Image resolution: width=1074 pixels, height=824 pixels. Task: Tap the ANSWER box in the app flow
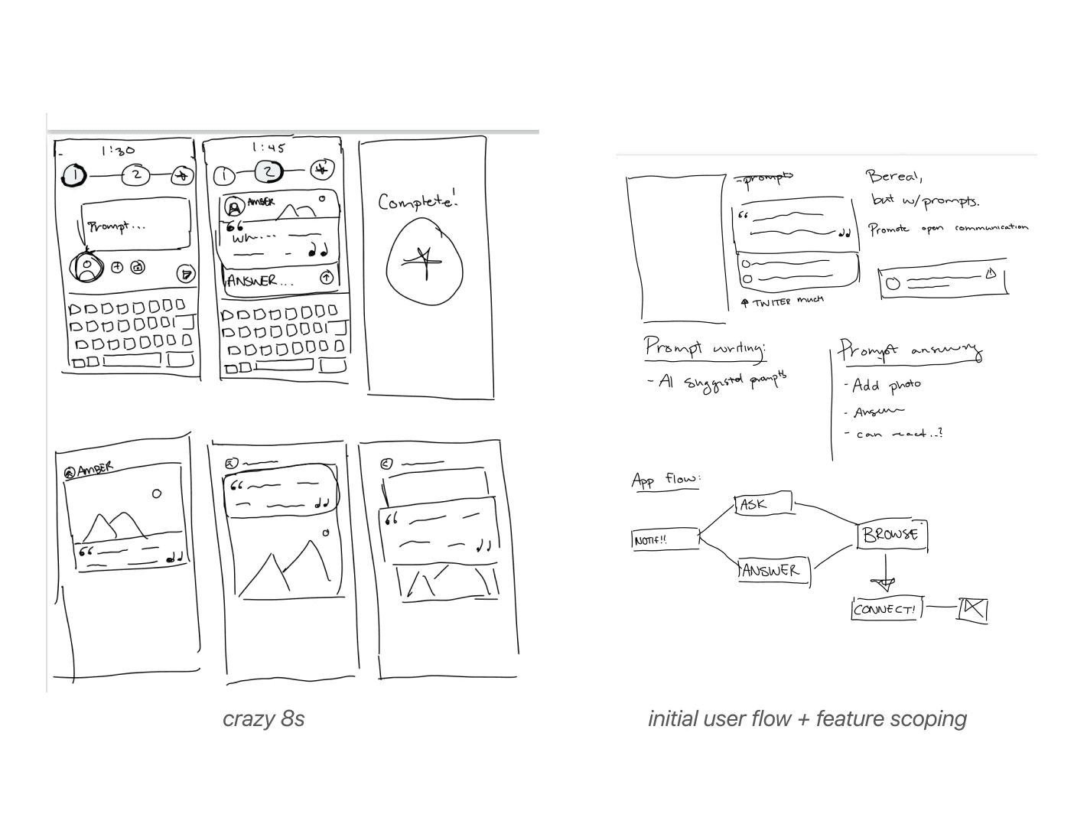773,570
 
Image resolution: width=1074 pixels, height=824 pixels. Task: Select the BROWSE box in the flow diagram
891,534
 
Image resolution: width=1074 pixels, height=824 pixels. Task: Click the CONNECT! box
886,609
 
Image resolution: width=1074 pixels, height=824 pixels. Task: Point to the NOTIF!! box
665,539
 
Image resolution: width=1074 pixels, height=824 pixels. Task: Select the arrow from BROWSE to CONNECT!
886,573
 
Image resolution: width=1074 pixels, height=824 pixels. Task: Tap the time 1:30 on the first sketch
118,151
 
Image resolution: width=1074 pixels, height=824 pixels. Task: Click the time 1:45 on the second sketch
268,148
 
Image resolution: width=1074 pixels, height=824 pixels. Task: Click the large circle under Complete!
425,259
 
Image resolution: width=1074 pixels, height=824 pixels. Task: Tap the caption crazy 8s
263,719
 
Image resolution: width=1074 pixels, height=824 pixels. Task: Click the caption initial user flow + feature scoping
807,719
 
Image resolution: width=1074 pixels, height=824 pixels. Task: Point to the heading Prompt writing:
704,348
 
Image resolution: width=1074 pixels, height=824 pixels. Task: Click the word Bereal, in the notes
894,177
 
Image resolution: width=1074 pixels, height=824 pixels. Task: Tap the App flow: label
665,480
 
